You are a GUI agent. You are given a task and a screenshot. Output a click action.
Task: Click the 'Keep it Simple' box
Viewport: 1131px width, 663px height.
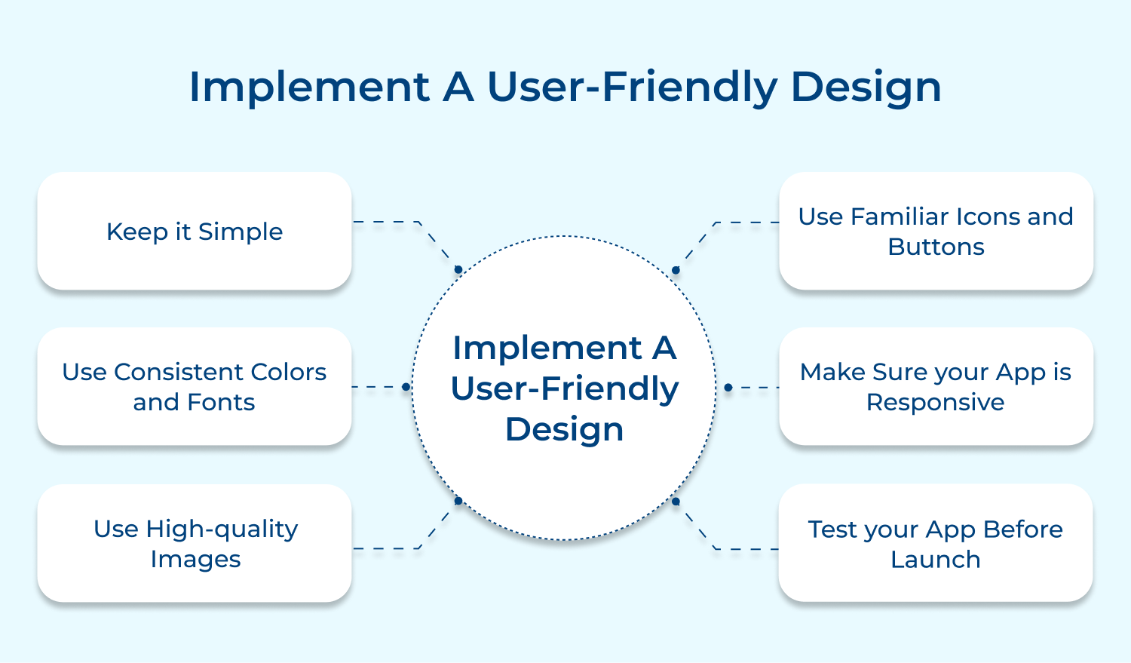[x=194, y=231]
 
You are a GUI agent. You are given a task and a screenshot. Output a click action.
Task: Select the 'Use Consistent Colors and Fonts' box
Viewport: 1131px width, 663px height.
[x=194, y=386]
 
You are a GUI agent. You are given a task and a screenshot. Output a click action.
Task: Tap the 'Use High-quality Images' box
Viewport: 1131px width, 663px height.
[x=194, y=543]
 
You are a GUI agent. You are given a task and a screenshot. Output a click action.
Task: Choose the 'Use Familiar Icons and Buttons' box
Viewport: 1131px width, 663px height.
[x=936, y=231]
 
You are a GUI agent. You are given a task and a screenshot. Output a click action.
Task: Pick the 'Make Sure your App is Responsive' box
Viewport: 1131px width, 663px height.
[x=936, y=386]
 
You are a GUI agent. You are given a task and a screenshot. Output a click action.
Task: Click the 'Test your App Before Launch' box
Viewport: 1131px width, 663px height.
[x=936, y=543]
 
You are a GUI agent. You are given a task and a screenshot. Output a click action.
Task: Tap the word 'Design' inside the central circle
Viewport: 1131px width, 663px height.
[x=564, y=429]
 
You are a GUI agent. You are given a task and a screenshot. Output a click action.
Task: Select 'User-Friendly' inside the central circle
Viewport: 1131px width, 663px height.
[x=565, y=388]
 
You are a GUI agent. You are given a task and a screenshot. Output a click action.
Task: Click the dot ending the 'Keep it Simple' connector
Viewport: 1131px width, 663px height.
[x=458, y=269]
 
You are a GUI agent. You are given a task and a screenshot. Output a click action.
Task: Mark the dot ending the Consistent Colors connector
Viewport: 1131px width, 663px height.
[x=406, y=387]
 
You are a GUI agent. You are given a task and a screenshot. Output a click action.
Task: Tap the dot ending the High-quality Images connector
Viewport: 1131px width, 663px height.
[x=458, y=501]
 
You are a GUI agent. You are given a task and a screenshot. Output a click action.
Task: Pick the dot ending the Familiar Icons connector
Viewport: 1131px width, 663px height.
[x=676, y=270]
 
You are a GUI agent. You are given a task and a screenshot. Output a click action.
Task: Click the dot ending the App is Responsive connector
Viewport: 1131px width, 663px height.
[x=728, y=388]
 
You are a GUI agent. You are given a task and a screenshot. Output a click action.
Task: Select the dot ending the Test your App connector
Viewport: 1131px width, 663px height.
[x=676, y=501]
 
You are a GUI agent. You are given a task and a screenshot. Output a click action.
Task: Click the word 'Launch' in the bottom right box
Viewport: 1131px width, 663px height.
[x=936, y=560]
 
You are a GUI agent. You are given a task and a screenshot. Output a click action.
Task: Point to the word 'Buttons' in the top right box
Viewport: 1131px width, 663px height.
[x=936, y=247]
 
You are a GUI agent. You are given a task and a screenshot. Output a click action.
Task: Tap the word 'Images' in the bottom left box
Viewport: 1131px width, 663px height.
[x=195, y=560]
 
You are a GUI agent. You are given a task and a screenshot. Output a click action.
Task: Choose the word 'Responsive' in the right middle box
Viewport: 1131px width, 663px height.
[x=935, y=403]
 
